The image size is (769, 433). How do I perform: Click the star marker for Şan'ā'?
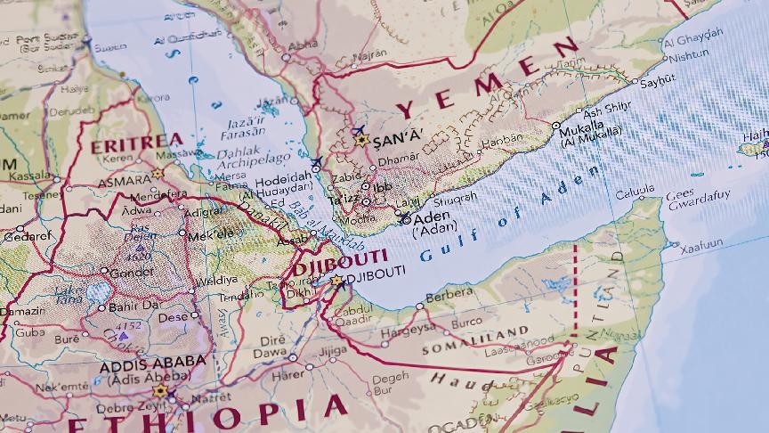click(x=360, y=140)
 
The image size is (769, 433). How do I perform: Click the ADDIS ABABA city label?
click(x=152, y=364)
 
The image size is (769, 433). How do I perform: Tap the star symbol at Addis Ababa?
click(x=160, y=389)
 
